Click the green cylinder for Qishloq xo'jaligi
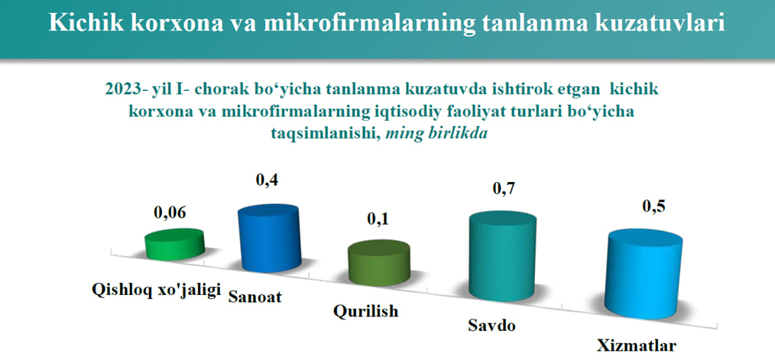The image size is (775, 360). (x=174, y=244)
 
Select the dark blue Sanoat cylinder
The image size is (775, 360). (x=269, y=238)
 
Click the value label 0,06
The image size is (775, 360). (x=171, y=213)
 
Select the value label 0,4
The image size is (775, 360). (x=267, y=181)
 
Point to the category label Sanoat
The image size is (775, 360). (x=255, y=297)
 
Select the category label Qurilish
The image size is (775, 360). (x=365, y=312)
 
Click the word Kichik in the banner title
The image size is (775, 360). (x=82, y=23)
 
